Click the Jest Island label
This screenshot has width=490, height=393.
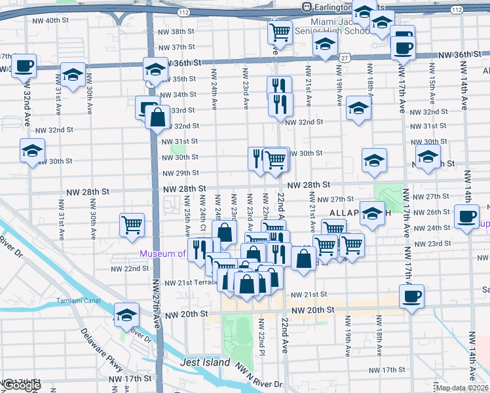pos(206,362)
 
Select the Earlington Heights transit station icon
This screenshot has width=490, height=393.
pos(306,7)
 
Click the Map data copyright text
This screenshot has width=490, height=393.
pos(461,388)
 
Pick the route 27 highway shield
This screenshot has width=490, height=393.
pos(344,58)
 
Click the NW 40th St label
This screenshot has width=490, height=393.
pos(50,21)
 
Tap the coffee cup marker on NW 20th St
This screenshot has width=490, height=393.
pos(411,297)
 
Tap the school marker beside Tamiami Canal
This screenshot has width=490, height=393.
pos(126,314)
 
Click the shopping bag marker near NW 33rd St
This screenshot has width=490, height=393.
pos(158,119)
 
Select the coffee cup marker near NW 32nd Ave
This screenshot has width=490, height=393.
pos(24,65)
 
